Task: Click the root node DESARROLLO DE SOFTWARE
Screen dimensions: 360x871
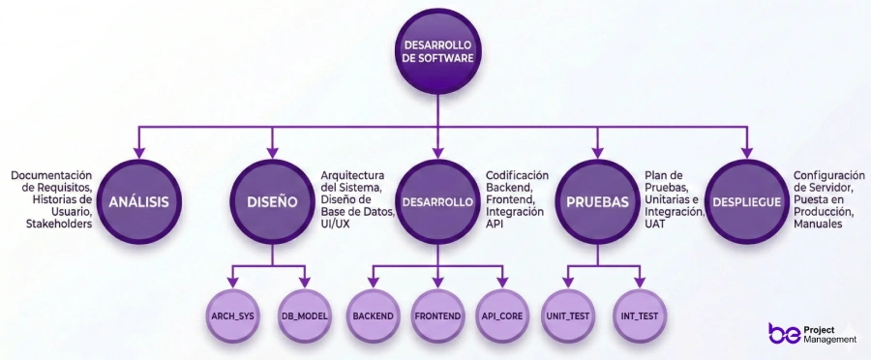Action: click(437, 51)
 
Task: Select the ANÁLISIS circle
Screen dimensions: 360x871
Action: click(138, 202)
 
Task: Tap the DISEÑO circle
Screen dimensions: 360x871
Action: click(272, 202)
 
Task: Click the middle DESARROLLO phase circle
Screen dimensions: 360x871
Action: click(437, 202)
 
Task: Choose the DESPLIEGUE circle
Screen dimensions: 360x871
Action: click(746, 202)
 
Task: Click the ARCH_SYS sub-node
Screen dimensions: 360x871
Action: click(233, 316)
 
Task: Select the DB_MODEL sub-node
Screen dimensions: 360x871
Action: click(306, 316)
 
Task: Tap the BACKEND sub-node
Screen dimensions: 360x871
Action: click(374, 316)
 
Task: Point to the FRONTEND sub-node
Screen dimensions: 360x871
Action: click(437, 316)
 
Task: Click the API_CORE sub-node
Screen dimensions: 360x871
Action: click(501, 316)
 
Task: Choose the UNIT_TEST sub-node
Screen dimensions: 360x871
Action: click(568, 316)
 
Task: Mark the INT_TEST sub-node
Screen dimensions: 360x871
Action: click(639, 316)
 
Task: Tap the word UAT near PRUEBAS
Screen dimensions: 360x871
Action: click(655, 224)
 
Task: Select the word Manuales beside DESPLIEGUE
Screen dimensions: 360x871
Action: click(818, 224)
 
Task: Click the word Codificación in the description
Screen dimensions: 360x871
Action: click(517, 175)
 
